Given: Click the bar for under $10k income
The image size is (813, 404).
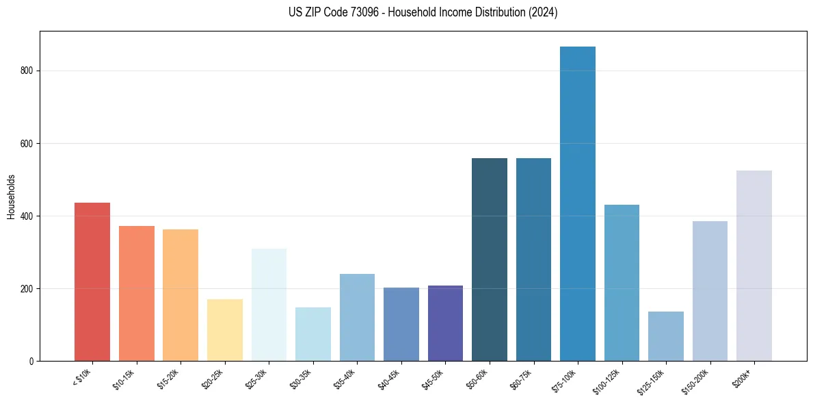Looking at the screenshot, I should coord(92,281).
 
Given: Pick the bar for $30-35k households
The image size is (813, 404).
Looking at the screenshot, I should coord(312,333).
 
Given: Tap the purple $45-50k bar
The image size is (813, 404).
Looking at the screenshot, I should coord(445,323).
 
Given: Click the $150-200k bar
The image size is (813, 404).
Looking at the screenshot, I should coord(710,290).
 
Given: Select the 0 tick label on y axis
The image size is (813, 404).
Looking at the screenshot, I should coord(31,361).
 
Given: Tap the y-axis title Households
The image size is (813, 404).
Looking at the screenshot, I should coord(11,196).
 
